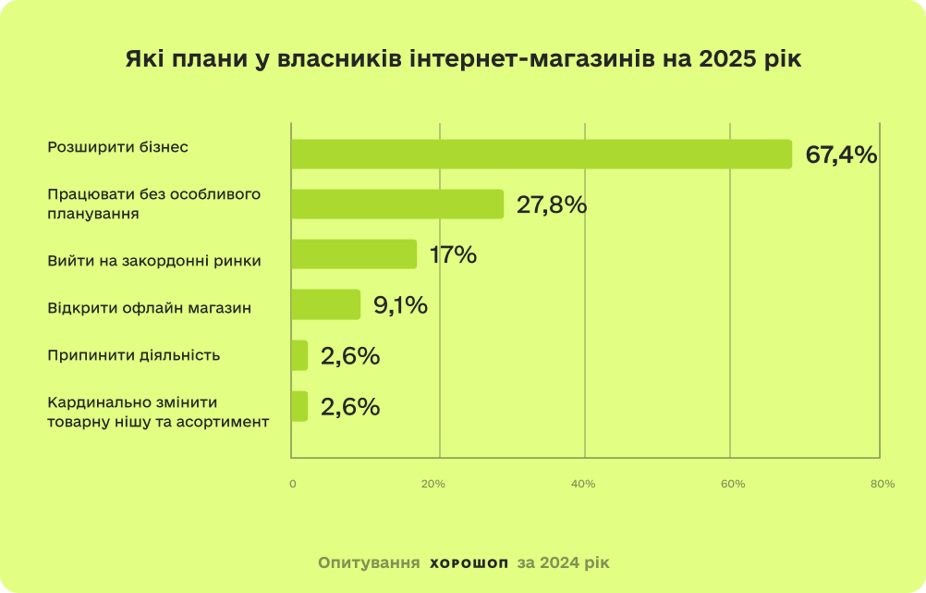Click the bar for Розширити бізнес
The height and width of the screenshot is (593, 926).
click(x=542, y=154)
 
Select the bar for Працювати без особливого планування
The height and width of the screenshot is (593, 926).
click(x=397, y=204)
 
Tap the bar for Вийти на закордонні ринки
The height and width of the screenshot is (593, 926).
click(x=354, y=254)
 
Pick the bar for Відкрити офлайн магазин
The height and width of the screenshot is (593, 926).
click(x=325, y=304)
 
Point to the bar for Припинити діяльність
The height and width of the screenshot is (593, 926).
click(x=299, y=355)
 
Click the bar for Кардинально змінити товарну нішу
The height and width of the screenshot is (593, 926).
click(x=299, y=406)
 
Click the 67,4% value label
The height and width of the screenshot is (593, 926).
click(x=841, y=154)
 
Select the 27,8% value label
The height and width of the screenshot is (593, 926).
click(x=552, y=204)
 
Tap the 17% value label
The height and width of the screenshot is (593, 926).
click(x=453, y=254)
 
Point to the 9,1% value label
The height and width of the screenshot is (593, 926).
click(x=400, y=304)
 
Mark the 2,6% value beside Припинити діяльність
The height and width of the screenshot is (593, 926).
click(x=350, y=355)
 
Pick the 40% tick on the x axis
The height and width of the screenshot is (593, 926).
click(x=583, y=484)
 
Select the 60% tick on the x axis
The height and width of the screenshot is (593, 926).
click(x=733, y=484)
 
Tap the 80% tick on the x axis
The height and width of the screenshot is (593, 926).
click(x=883, y=484)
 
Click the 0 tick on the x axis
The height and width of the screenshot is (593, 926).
click(x=293, y=484)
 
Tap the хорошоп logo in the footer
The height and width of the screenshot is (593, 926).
click(x=469, y=562)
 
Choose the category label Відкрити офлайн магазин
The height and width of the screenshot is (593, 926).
click(x=150, y=306)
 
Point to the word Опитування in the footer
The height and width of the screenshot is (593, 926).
click(x=367, y=562)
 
